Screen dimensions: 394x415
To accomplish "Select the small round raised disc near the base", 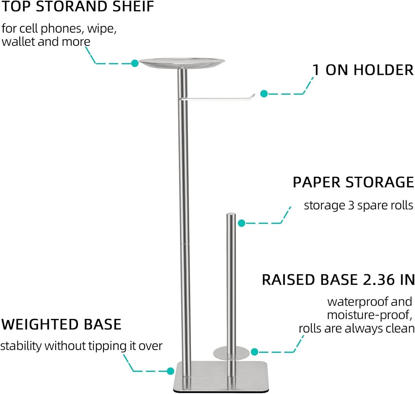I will pyautogui.click(x=231, y=352).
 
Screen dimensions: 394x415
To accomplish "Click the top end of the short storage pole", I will pyautogui.click(x=231, y=214).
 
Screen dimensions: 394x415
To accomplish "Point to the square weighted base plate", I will pyautogui.click(x=210, y=376).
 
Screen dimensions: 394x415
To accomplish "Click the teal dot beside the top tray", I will pyautogui.click(x=135, y=63).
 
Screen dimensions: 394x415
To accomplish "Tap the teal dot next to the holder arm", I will pyautogui.click(x=264, y=94).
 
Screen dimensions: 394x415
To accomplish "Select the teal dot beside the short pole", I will pyautogui.click(x=242, y=223).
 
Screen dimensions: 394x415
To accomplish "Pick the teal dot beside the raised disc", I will pyautogui.click(x=254, y=352).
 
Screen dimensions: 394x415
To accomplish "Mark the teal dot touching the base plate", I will pyautogui.click(x=170, y=371).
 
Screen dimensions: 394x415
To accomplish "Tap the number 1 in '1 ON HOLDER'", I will pyautogui.click(x=316, y=70).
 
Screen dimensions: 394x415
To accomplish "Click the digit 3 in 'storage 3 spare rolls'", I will pyautogui.click(x=351, y=206).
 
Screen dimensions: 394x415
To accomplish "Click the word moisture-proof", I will pyautogui.click(x=369, y=315).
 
